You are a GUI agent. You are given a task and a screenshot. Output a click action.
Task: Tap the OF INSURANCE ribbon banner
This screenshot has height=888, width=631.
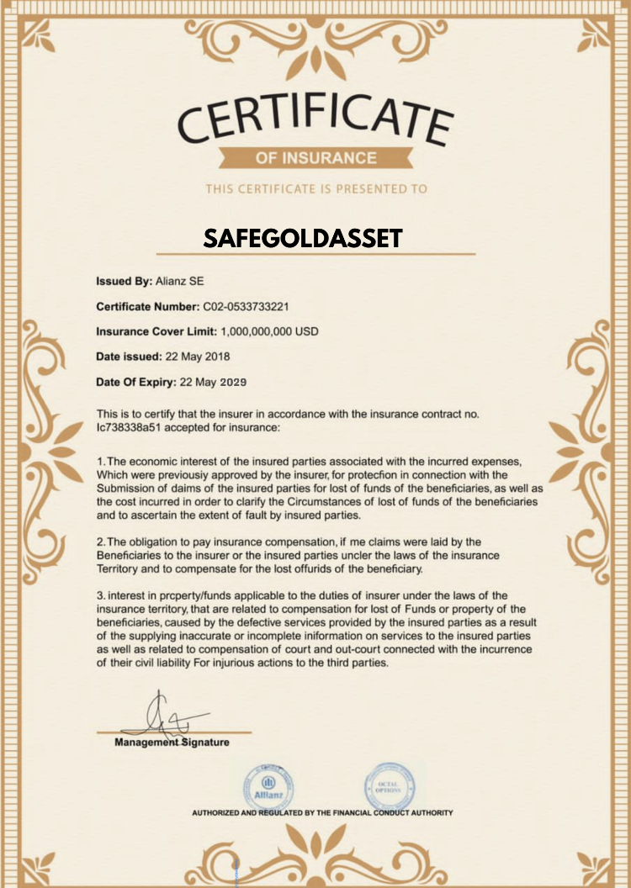pyautogui.click(x=315, y=157)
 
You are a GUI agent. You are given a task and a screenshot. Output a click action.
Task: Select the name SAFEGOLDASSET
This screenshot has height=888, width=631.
pyautogui.click(x=303, y=239)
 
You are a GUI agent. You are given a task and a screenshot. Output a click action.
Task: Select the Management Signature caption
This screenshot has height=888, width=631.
pyautogui.click(x=172, y=743)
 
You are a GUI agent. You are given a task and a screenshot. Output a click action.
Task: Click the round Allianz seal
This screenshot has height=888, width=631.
pyautogui.click(x=268, y=786)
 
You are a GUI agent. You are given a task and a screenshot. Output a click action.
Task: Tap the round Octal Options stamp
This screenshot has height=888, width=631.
pyautogui.click(x=389, y=786)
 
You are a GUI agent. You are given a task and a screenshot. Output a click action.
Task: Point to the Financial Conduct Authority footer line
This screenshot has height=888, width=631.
pyautogui.click(x=322, y=813)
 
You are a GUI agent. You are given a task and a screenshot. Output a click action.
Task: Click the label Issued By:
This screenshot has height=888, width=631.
pyautogui.click(x=125, y=281)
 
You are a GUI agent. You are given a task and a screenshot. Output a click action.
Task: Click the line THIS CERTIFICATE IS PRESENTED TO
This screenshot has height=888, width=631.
pyautogui.click(x=315, y=189)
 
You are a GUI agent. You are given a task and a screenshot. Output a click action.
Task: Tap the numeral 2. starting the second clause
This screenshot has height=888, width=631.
pyautogui.click(x=101, y=542)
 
